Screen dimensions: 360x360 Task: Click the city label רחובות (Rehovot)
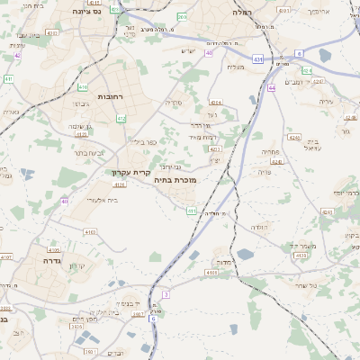point(116,96)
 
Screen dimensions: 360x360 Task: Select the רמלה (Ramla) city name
point(244,13)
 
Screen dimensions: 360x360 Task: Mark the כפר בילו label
point(142,142)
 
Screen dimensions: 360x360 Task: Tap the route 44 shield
point(272,88)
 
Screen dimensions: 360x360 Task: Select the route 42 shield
point(17,55)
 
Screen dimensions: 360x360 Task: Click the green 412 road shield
point(121,119)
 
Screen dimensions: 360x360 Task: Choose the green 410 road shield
point(83,87)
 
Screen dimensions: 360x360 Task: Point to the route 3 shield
point(166,294)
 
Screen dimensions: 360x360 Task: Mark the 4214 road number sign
point(215,103)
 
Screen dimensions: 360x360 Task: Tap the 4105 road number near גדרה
point(53,249)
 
